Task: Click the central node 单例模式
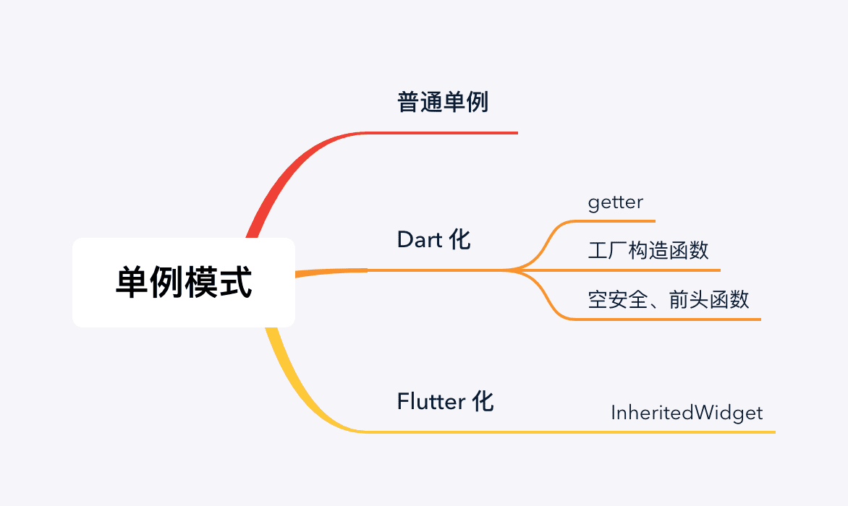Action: [184, 283]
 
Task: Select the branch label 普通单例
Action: [443, 103]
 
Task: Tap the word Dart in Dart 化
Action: [420, 239]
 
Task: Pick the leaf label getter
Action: [615, 202]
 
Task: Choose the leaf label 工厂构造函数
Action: [648, 251]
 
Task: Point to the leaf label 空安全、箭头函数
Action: [669, 299]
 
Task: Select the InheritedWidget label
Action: [687, 413]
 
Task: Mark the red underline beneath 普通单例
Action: [449, 133]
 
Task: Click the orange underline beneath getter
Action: [622, 220]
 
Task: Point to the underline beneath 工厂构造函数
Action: [651, 270]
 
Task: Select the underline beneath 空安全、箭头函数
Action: [673, 319]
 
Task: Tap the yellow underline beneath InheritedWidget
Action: [687, 432]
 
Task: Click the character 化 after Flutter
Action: [483, 400]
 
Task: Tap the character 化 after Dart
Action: [459, 239]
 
